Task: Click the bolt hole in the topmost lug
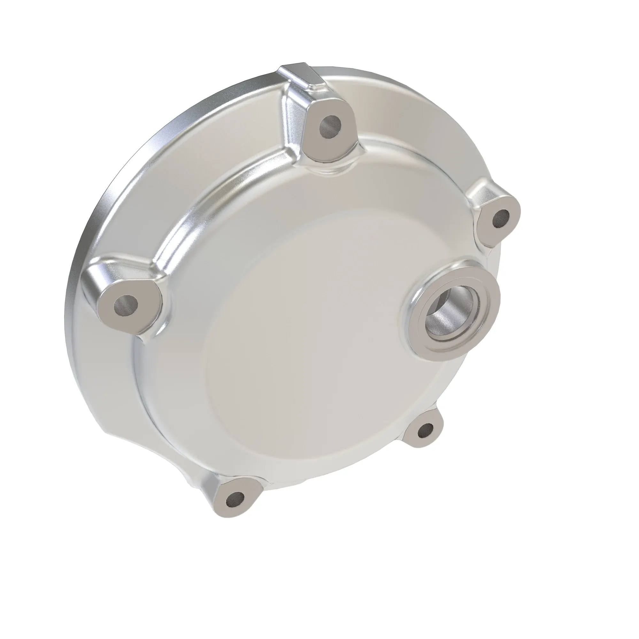coord(330,126)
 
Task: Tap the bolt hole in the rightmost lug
coord(501,219)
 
